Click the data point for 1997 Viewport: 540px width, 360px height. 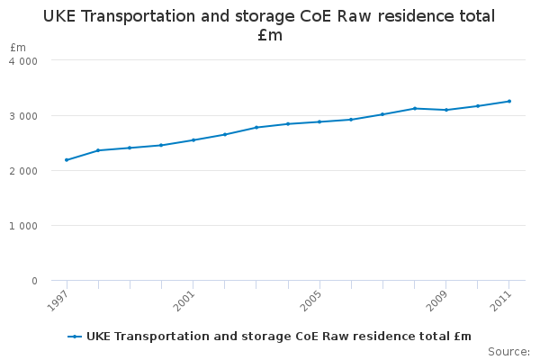coord(67,160)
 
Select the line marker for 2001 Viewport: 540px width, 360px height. coord(193,140)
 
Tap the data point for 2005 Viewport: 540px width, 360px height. coord(319,121)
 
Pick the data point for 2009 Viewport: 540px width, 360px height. coord(446,110)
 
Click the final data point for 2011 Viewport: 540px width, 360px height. coord(509,101)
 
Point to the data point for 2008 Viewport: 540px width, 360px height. coord(414,108)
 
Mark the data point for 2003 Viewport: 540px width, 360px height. coord(256,127)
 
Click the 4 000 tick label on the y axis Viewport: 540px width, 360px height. coord(23,61)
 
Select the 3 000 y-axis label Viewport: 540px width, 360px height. coord(23,116)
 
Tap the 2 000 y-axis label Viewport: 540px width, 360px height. coord(23,171)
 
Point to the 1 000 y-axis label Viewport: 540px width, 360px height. coord(23,226)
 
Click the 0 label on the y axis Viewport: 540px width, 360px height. coord(34,281)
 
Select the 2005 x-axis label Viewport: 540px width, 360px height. coord(310,300)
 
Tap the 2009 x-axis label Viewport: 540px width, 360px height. coord(436,300)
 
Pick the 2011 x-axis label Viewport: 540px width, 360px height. coord(499,300)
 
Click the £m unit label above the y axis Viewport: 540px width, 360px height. coord(18,47)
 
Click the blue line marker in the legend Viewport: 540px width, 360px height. coord(75,337)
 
